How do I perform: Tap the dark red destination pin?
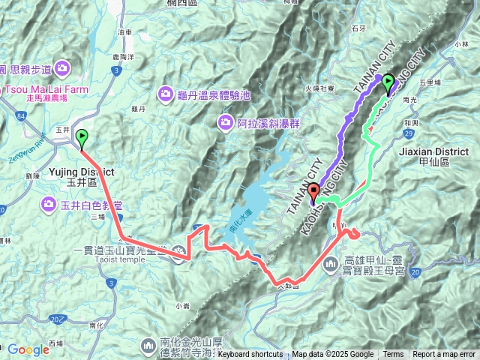click(313, 192)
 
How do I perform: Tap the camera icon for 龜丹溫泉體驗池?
click(165, 94)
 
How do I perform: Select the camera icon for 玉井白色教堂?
click(49, 203)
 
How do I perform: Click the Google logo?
click(28, 349)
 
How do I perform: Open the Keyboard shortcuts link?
click(250, 355)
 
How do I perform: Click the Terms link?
click(393, 355)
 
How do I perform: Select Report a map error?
click(443, 355)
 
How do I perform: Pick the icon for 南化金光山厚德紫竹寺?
click(148, 346)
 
